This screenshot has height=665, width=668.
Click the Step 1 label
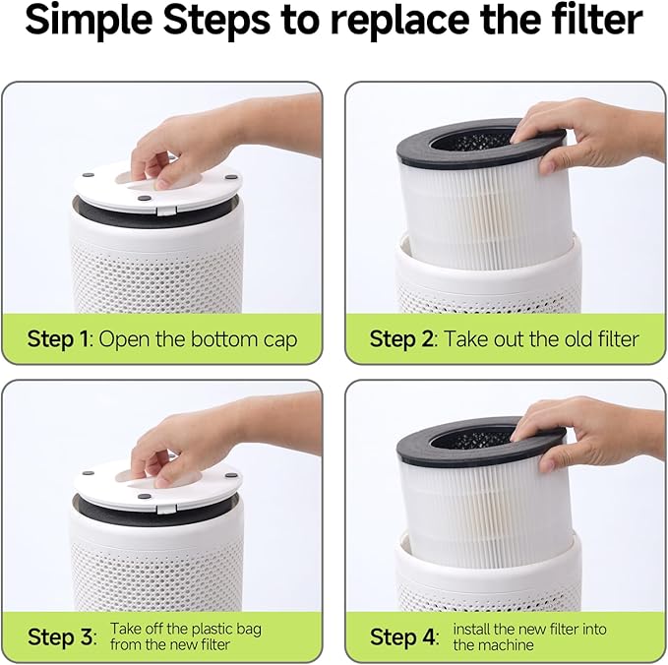click(59, 340)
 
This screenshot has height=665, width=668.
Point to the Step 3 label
click(59, 636)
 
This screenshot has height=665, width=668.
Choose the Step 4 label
click(402, 636)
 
